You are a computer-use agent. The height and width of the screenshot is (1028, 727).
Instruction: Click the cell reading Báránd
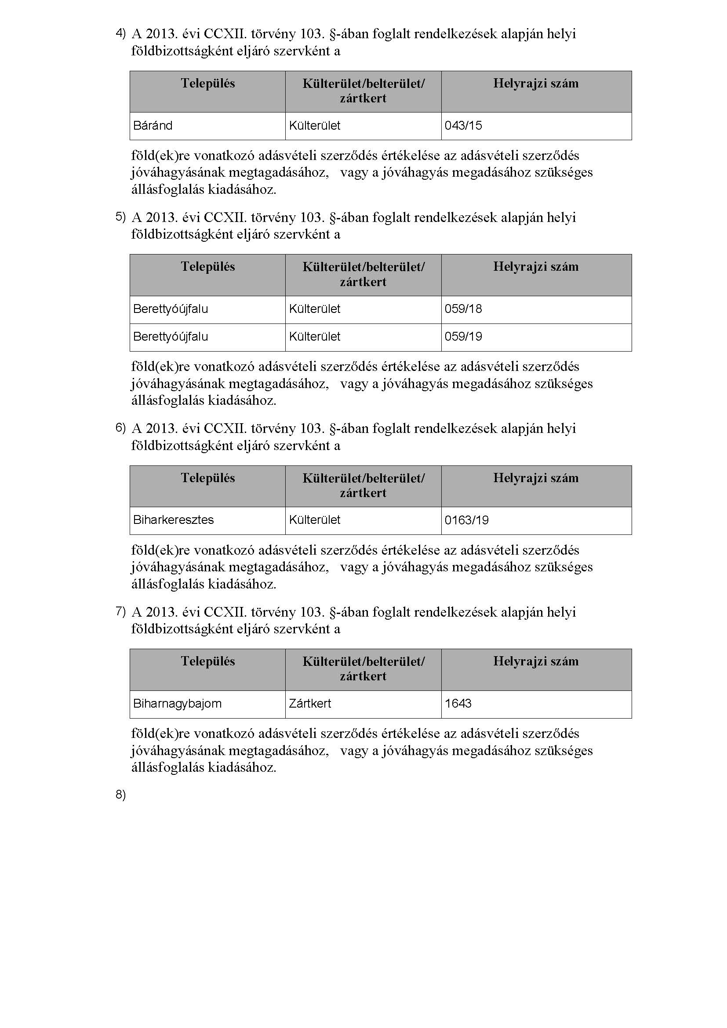coord(153,126)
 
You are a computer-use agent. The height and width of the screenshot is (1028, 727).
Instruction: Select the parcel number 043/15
coord(463,126)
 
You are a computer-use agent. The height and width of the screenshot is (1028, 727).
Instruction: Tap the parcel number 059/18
coord(463,309)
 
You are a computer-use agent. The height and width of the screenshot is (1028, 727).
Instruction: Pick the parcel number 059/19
coord(463,337)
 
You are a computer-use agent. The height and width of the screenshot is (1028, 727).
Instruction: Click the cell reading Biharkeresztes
coord(173,520)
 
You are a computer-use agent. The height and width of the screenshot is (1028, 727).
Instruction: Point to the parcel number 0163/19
coord(466,520)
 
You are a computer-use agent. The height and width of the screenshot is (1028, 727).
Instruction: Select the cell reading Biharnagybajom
coord(177,703)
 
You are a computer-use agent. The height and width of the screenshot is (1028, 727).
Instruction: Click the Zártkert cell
coord(310,703)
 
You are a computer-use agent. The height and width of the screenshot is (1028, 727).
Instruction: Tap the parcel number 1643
coord(458,703)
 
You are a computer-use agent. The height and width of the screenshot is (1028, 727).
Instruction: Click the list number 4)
coord(120,33)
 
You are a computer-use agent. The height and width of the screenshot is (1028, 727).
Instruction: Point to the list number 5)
coord(120,217)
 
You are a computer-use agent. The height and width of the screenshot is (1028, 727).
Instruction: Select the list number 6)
coord(120,428)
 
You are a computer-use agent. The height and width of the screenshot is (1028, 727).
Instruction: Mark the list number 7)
coord(120,611)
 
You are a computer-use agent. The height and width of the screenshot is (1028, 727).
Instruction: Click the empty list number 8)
coord(120,795)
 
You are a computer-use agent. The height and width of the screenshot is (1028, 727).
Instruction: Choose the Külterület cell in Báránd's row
coord(315,126)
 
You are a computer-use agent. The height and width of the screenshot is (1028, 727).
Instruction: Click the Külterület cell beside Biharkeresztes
coord(315,520)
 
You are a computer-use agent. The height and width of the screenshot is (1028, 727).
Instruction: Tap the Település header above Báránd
coord(208,84)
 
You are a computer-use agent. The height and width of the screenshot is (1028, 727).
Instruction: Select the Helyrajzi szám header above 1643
coord(536,661)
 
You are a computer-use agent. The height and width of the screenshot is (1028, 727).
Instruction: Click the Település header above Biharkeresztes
coord(208,478)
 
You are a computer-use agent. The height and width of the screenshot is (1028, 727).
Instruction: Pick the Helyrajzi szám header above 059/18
coord(536,267)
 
